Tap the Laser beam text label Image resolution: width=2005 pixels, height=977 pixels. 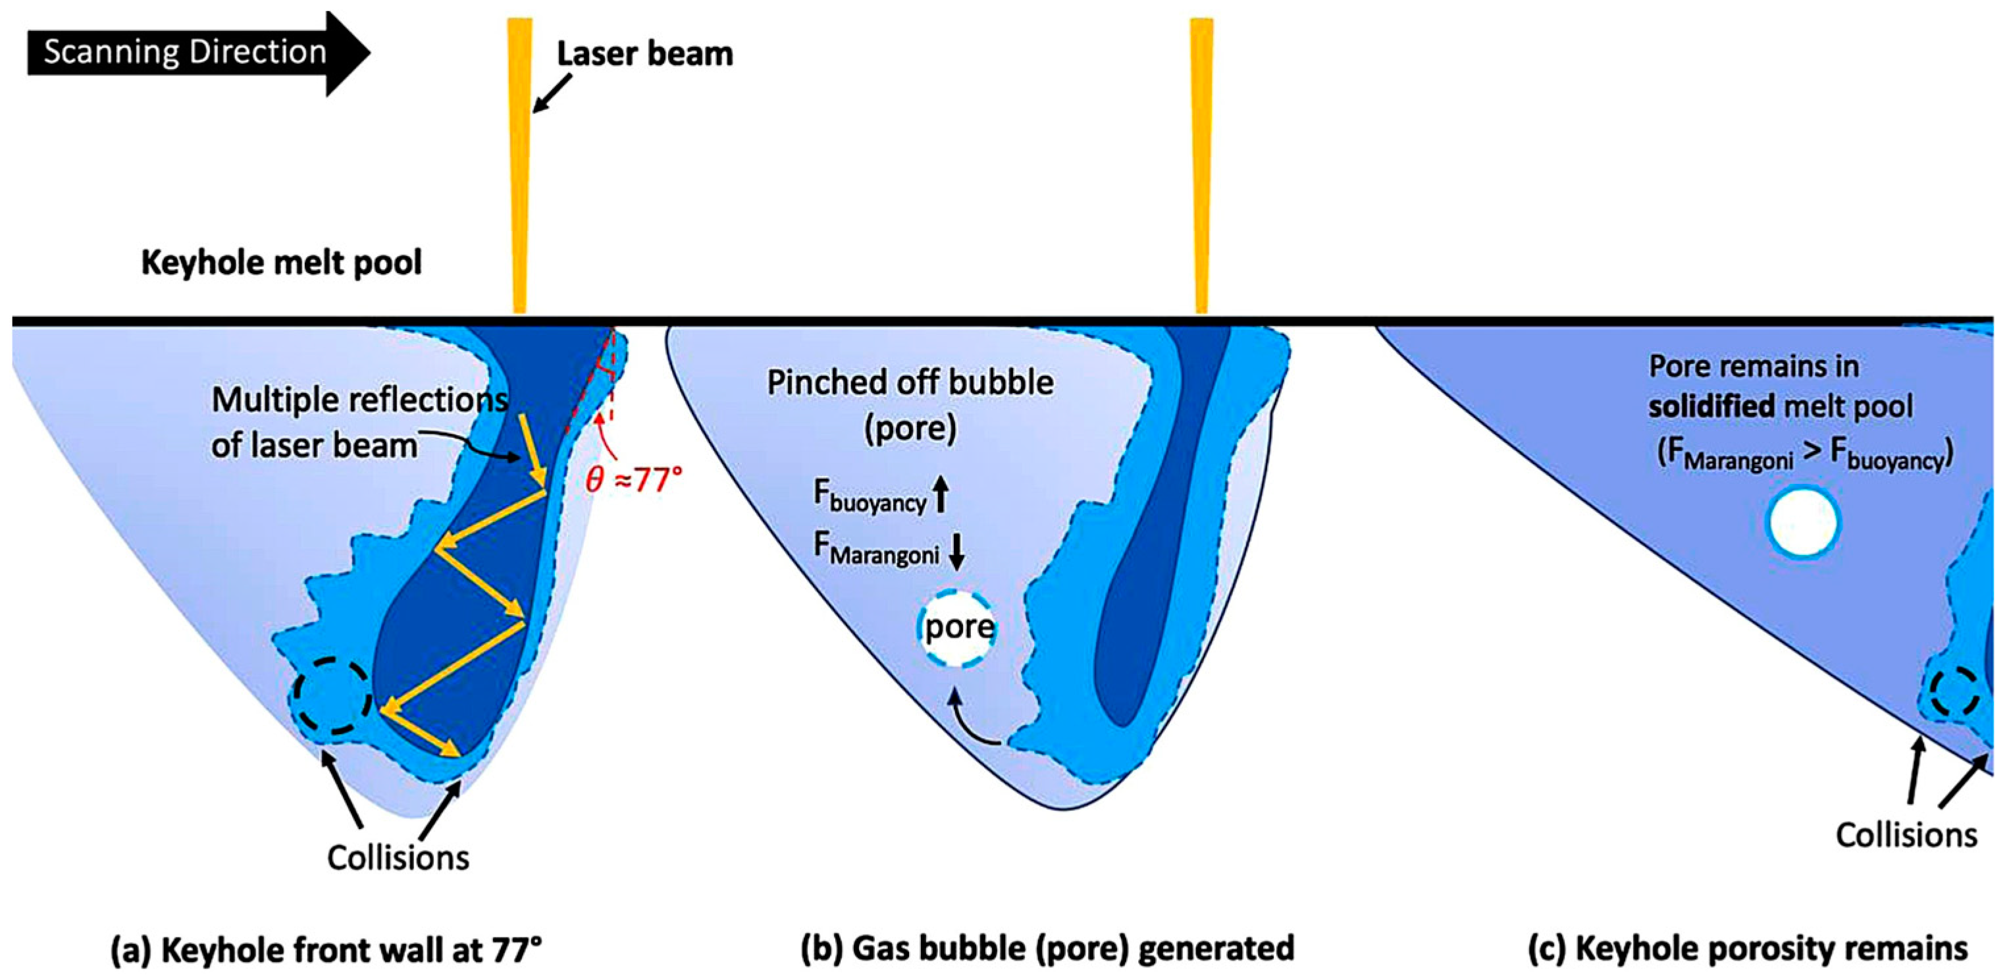point(644,54)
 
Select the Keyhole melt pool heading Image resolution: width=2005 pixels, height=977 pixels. point(282,262)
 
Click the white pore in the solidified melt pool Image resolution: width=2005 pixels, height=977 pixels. point(1804,522)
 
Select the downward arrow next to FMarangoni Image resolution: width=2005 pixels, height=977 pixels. point(956,551)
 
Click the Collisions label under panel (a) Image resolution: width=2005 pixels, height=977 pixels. point(398,858)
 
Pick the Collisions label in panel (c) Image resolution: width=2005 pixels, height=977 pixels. point(1906,835)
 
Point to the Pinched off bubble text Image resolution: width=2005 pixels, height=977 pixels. point(910,383)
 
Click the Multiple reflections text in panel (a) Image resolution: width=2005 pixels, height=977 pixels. point(359,400)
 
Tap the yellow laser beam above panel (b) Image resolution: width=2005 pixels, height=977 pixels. point(1201,163)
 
